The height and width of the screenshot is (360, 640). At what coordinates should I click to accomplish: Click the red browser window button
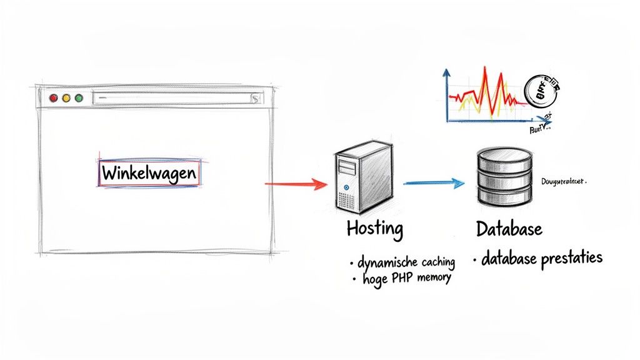(53, 98)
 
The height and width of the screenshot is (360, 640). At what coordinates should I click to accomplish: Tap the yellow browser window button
(66, 98)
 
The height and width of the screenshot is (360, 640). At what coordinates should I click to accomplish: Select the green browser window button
(79, 98)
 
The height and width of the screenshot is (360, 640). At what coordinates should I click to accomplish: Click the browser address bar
(175, 97)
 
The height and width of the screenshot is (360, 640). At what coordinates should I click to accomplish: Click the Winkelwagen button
(149, 173)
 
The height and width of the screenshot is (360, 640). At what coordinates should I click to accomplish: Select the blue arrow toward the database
(434, 183)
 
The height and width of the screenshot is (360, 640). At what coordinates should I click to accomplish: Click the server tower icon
(361, 177)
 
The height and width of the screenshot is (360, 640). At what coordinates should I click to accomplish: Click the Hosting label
(375, 229)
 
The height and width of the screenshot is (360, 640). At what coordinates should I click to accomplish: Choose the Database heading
(509, 229)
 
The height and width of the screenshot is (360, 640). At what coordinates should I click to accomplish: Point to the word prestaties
(571, 257)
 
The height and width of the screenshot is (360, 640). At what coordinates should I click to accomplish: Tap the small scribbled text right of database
(563, 181)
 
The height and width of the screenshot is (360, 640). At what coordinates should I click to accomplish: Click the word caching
(435, 261)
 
